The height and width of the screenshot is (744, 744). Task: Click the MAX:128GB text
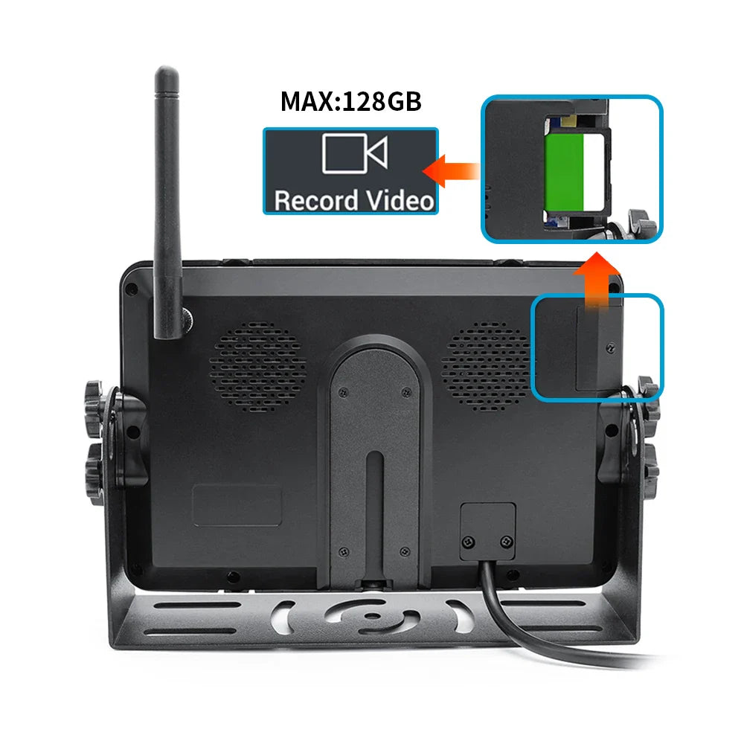coord(350,101)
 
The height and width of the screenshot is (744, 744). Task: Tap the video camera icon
coord(354,153)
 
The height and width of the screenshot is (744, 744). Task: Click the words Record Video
coord(354,200)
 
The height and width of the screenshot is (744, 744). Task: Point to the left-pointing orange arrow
coord(450,171)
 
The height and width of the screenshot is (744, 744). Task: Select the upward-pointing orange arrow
coord(597,280)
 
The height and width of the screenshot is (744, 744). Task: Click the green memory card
coord(564,173)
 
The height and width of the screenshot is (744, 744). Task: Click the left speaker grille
coord(258,367)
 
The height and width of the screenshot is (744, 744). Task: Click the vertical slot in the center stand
coord(375,515)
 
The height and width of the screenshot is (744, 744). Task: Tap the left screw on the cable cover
coord(469,542)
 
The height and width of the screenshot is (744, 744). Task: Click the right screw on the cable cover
coord(506,541)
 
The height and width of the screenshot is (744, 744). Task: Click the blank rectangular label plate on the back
coord(237,505)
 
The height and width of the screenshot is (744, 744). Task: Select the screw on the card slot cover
coord(611,349)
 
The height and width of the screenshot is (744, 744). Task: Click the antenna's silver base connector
coord(187,319)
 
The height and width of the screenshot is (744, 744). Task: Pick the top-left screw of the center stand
coord(343,393)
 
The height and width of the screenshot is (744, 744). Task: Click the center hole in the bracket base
coord(373,615)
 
